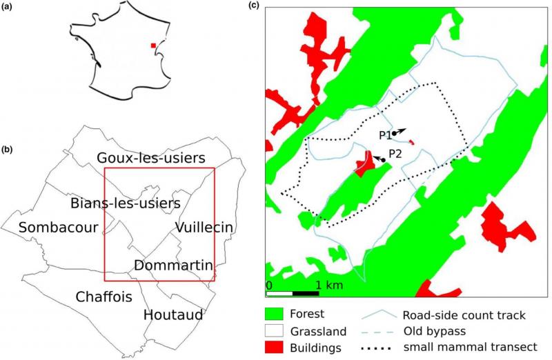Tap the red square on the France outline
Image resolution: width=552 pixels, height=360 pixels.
tap(153, 46)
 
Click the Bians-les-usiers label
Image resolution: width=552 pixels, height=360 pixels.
tap(126, 203)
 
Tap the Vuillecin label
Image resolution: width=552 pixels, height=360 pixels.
tap(204, 228)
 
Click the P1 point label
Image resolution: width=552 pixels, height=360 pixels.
tap(385, 134)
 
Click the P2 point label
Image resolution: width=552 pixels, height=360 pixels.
tap(395, 153)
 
